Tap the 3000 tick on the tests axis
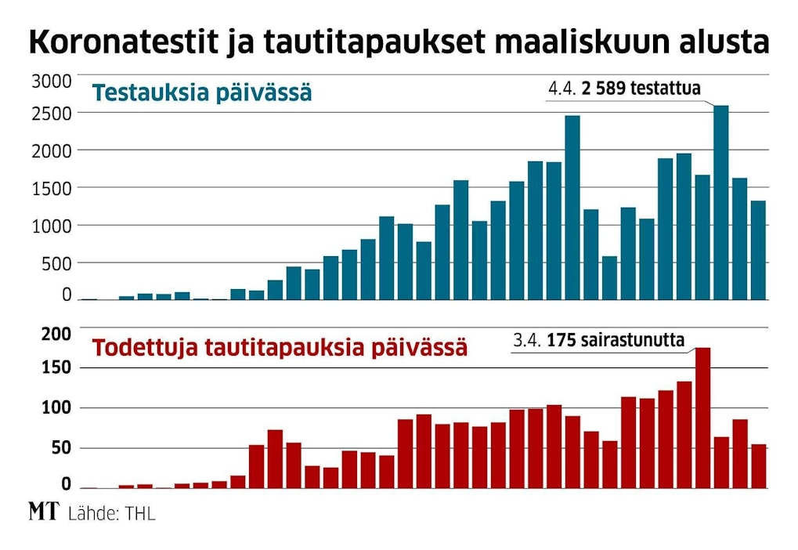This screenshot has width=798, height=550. point(52,81)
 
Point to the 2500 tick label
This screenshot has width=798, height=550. point(52,114)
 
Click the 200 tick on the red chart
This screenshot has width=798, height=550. point(56,335)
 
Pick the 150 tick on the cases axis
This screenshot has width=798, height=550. point(56,368)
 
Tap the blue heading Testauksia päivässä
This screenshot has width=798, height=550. point(202,93)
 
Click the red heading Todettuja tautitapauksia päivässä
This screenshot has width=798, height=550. point(280,347)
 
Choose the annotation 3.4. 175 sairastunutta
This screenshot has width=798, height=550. point(599,341)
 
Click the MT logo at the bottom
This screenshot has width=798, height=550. point(43,513)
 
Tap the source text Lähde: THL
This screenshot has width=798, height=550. point(111,515)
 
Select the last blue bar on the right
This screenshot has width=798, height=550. point(758,250)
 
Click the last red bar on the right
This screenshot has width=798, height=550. point(758,466)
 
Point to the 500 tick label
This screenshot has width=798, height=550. point(56,263)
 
